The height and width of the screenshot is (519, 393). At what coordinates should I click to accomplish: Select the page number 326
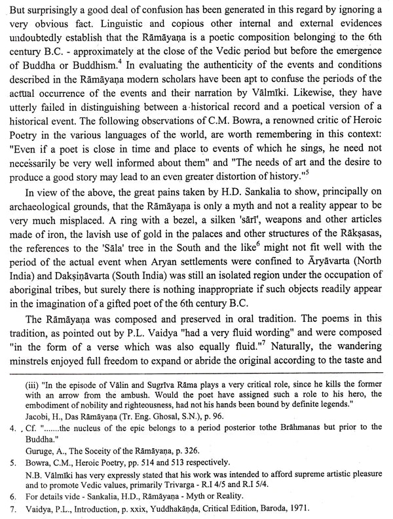[x=213, y=467]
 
